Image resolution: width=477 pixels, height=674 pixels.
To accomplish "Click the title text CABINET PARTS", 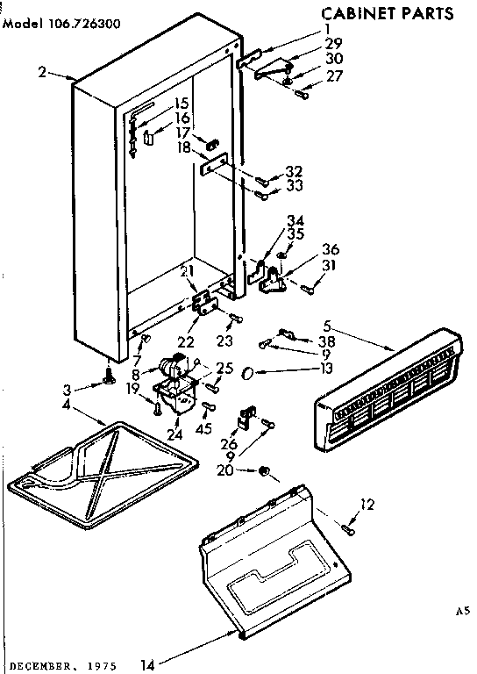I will click(x=387, y=13).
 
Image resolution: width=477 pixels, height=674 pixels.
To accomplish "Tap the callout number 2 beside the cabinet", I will click(x=42, y=73).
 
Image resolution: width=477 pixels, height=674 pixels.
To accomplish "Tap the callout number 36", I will click(x=330, y=248).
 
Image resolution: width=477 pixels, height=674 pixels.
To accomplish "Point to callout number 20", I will click(x=226, y=470).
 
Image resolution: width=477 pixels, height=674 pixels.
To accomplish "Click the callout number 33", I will click(x=294, y=187).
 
